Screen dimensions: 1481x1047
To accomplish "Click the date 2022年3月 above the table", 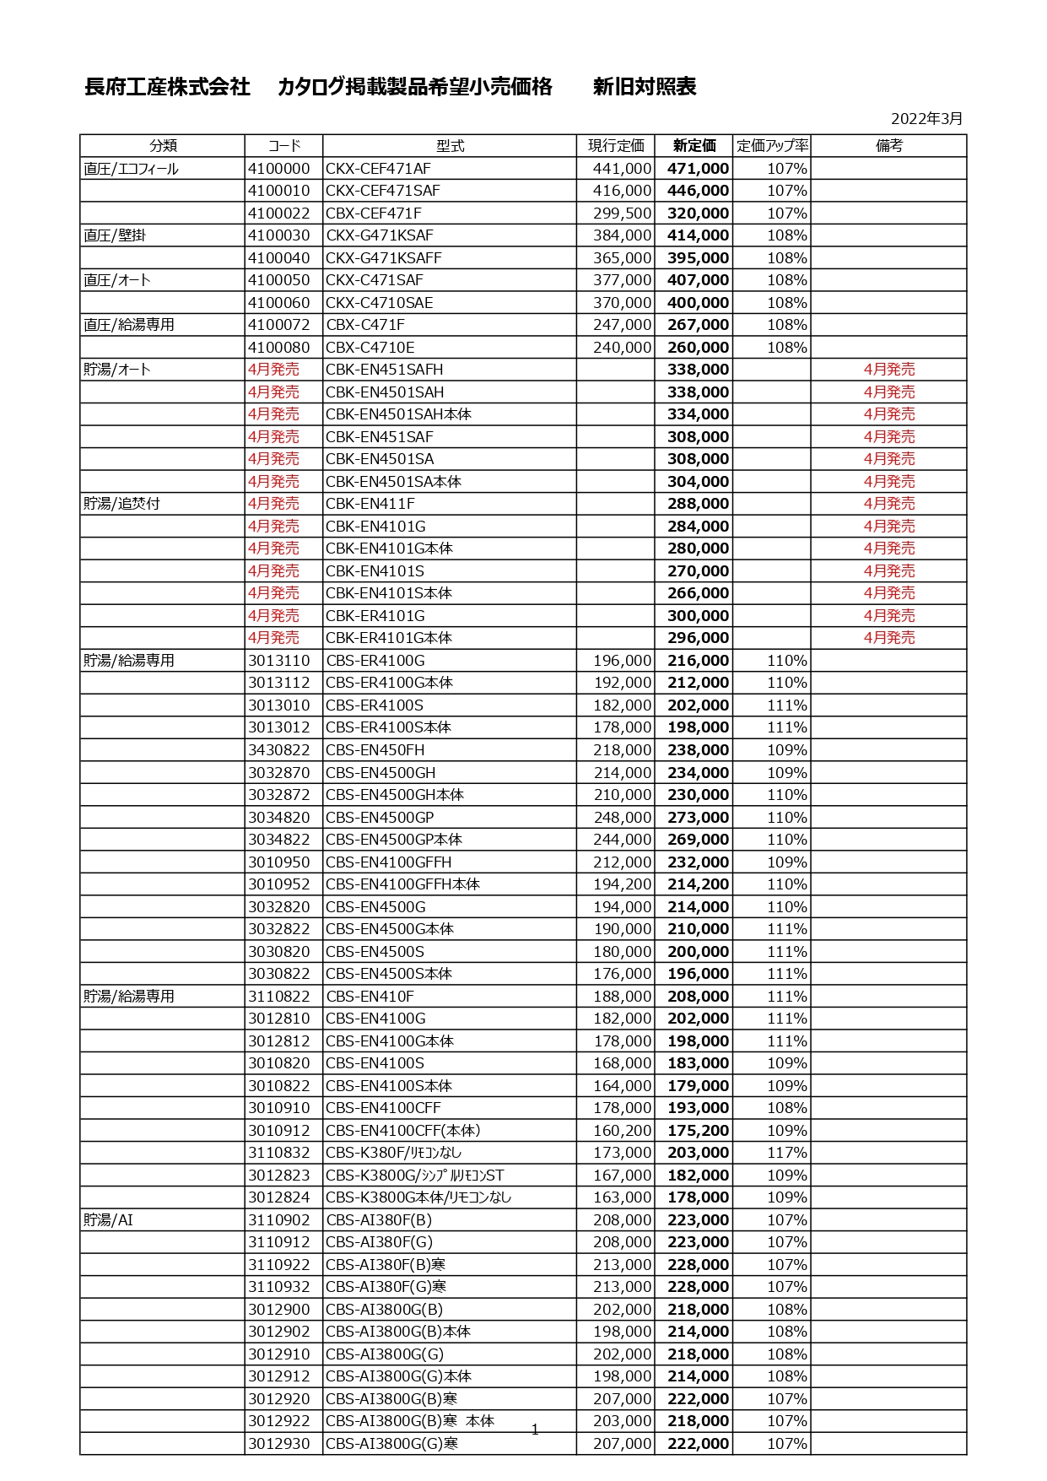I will click(926, 119).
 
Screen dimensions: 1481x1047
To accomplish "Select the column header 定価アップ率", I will click(772, 146).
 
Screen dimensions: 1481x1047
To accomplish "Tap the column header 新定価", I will click(694, 146).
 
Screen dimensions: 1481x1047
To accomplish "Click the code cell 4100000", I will click(279, 169).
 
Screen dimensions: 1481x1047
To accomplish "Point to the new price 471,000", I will click(698, 169).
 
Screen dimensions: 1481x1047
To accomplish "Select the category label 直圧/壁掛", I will click(115, 235).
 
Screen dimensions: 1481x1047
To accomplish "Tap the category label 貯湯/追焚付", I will click(121, 504).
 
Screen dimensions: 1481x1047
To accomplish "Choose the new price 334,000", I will click(698, 414).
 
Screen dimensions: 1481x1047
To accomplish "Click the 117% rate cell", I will click(786, 1153).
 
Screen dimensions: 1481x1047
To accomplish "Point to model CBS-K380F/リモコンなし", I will click(394, 1153).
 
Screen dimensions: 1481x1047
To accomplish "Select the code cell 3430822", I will click(279, 750).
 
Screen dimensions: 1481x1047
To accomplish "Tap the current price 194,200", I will click(622, 884).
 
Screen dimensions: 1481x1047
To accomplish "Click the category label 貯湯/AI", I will click(108, 1220).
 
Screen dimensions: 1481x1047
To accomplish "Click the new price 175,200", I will click(698, 1131).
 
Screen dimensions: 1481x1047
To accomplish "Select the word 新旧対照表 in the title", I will click(645, 87).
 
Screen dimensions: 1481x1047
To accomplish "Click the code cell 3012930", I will click(279, 1444).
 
